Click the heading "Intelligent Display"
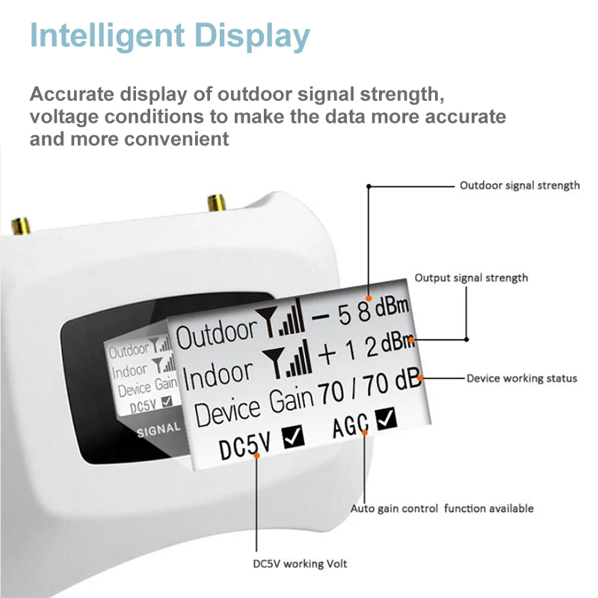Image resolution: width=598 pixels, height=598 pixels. pyautogui.click(x=170, y=35)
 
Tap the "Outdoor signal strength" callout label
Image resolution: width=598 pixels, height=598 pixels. pyautogui.click(x=520, y=185)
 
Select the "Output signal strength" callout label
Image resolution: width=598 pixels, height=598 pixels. pyautogui.click(x=471, y=278)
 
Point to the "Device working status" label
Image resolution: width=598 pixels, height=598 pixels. pyautogui.click(x=522, y=378)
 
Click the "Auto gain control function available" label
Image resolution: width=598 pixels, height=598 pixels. pyautogui.click(x=443, y=508)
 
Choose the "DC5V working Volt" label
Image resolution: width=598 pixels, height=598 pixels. pyautogui.click(x=299, y=564)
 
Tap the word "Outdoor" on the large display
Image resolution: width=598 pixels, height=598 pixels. pyautogui.click(x=216, y=336)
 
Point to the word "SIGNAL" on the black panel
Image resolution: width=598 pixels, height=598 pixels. pyautogui.click(x=159, y=430)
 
